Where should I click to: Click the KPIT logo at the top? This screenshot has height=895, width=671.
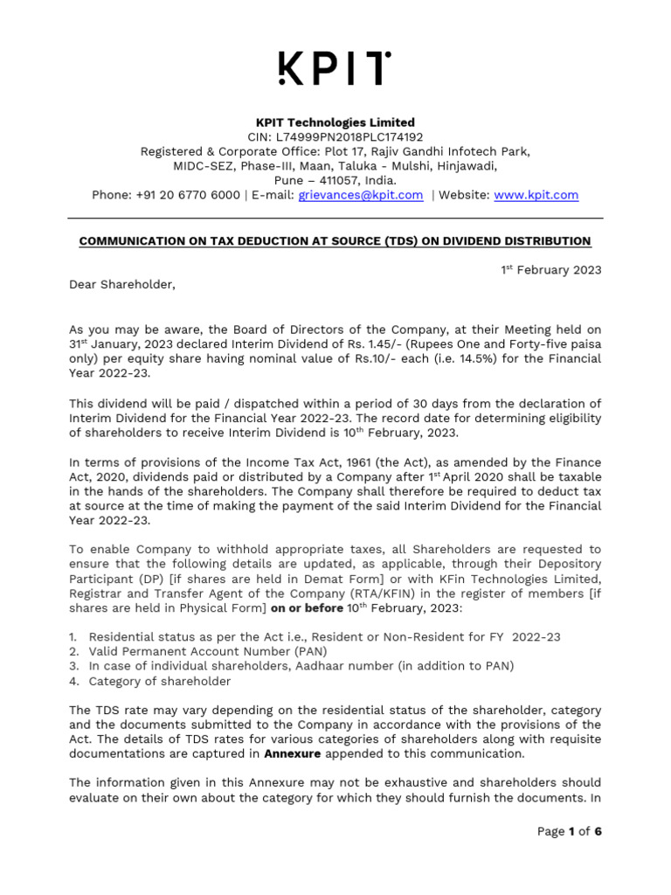click(335, 68)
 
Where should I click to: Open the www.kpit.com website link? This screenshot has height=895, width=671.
click(536, 195)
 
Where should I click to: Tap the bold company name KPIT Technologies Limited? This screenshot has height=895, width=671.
click(335, 122)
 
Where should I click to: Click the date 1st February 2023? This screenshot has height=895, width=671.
click(550, 270)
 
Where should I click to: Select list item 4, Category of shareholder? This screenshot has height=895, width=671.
click(160, 681)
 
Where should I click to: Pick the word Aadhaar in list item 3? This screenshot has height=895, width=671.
click(320, 666)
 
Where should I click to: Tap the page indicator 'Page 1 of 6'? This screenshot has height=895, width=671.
click(570, 831)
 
